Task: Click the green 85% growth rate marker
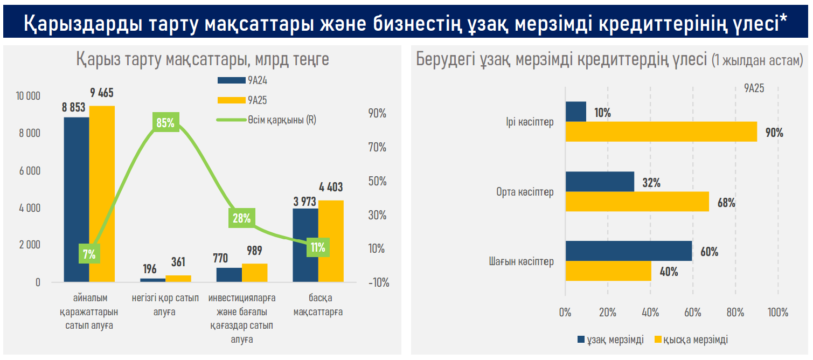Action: (x=165, y=123)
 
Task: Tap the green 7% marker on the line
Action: (x=89, y=254)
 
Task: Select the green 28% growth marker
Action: (x=241, y=218)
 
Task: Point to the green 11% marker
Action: (x=318, y=247)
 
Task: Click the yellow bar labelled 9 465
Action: (x=102, y=193)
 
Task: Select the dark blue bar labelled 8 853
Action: (x=77, y=199)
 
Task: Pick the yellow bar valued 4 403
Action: (x=331, y=241)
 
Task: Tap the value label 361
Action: (x=178, y=262)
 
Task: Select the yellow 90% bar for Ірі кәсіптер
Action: (x=661, y=132)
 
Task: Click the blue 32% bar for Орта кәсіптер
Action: (x=600, y=182)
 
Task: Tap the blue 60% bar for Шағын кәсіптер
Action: (x=628, y=251)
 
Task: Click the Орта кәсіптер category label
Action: (x=525, y=192)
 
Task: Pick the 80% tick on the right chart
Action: (x=735, y=313)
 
